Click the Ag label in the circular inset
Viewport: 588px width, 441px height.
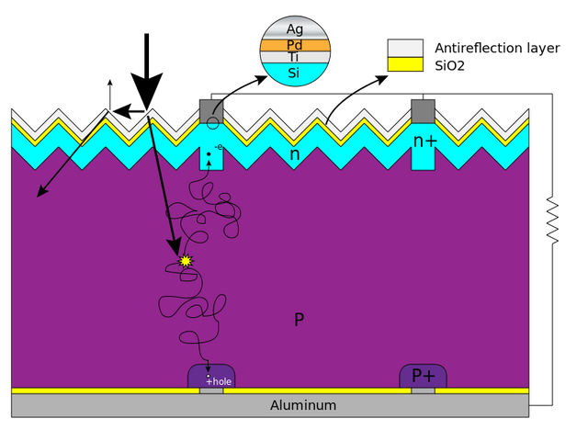click(294, 29)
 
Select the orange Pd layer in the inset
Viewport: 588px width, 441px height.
click(295, 45)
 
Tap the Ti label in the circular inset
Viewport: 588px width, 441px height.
click(294, 57)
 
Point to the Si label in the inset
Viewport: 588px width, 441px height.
click(294, 73)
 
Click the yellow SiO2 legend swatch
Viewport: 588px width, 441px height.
click(405, 64)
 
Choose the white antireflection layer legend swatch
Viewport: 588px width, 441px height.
click(405, 49)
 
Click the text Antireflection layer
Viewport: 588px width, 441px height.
click(497, 48)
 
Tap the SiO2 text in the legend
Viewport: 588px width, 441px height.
click(449, 66)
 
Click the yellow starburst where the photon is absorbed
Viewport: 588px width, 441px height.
click(186, 260)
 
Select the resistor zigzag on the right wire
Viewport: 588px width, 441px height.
click(552, 220)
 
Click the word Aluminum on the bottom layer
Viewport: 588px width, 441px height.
click(303, 405)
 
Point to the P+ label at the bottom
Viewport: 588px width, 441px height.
click(424, 376)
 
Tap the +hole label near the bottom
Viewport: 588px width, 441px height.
click(219, 382)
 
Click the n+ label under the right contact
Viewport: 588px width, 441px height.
click(424, 141)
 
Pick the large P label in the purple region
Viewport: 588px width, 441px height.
click(299, 320)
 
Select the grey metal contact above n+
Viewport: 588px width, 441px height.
click(423, 111)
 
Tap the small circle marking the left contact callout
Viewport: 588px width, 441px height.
click(212, 122)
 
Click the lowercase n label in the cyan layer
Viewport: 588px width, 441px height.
click(295, 154)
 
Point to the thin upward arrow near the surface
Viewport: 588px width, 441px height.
click(109, 95)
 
